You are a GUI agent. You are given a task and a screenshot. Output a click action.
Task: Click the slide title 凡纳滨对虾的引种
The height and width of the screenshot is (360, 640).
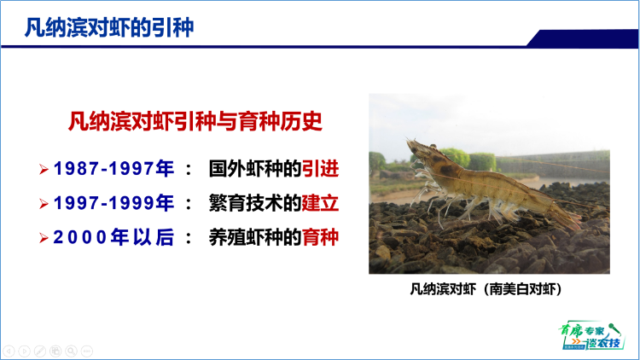click(108, 28)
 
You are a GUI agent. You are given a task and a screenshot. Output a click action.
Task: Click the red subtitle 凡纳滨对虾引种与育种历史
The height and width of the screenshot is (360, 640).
click(195, 120)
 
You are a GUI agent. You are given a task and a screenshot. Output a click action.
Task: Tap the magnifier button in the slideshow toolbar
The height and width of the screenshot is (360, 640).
click(71, 351)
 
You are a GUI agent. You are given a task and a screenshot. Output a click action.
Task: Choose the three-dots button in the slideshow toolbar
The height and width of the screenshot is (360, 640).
click(86, 351)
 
